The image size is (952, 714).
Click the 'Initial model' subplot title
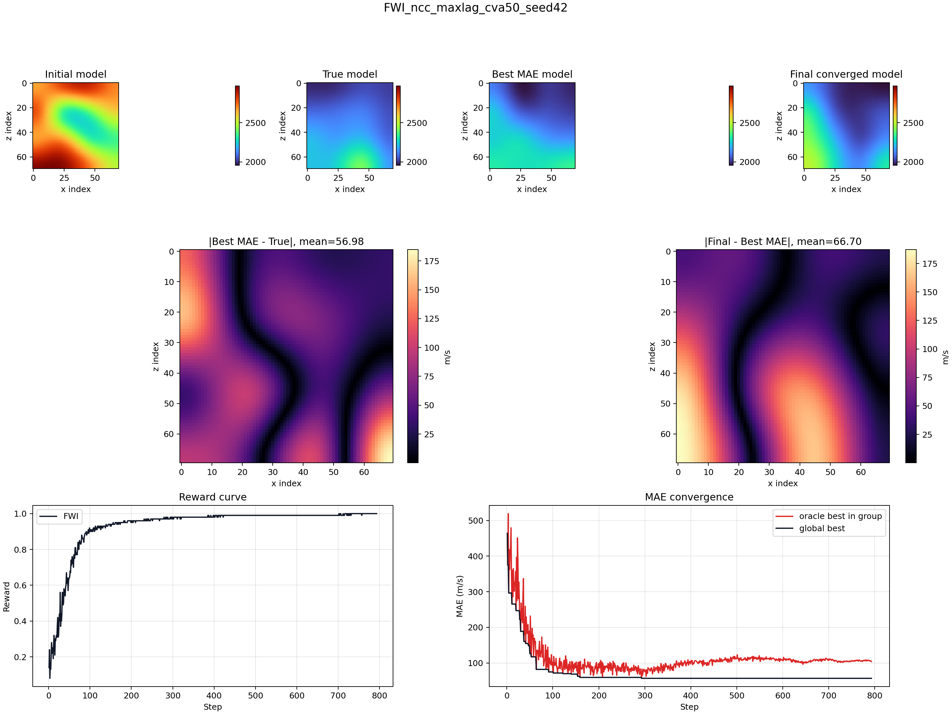pos(76,74)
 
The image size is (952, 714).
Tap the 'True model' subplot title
pos(350,74)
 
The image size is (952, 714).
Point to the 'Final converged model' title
pos(846,74)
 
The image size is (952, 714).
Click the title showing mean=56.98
pos(286,242)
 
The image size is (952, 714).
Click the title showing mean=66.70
pos(783,242)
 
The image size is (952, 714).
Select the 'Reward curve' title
pos(213,497)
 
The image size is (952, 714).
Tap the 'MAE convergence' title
pos(689,497)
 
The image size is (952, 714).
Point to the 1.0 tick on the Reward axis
pos(20,514)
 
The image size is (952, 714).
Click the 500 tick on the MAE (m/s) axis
pos(476,521)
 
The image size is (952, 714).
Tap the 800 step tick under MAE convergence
pos(875,695)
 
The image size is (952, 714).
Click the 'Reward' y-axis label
pos(7,597)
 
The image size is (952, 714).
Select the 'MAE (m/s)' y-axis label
pos(460,596)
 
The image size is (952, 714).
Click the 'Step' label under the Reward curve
pos(213,707)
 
